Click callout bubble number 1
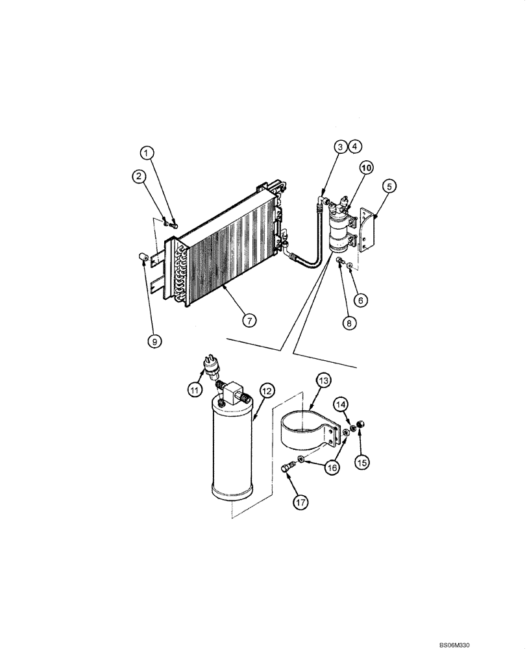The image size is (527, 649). point(149,153)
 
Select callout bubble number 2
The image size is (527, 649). point(138,175)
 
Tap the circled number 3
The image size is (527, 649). point(340,147)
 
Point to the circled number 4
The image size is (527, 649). point(354,147)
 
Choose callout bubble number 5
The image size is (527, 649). point(389,187)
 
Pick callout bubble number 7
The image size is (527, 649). point(250,319)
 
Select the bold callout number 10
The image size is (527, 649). point(367,167)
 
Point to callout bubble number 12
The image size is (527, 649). point(267,390)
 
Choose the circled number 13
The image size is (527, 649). point(323,380)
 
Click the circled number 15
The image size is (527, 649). point(362,462)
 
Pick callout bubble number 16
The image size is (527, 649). point(334,467)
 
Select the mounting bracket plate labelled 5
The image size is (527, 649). point(368,228)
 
